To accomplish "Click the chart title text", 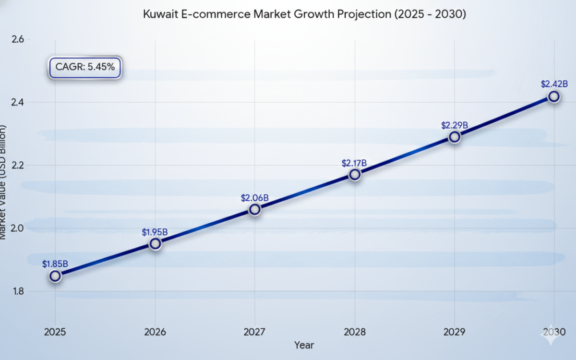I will [305, 14].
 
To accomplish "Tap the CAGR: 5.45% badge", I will [85, 67].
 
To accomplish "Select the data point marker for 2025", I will [55, 276].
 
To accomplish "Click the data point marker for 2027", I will [255, 209].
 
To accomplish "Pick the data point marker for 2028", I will [355, 174].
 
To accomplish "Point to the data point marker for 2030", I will [553, 96].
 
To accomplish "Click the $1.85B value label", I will [55, 264].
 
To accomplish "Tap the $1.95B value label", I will [155, 232].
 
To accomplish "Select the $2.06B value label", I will [254, 197].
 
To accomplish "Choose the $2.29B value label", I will [455, 125].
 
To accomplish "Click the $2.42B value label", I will [554, 84].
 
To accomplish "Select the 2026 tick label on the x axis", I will [155, 332].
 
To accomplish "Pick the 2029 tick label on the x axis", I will [455, 332].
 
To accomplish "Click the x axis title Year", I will [304, 345].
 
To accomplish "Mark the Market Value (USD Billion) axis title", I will [4, 182].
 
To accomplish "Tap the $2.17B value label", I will [354, 163].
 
